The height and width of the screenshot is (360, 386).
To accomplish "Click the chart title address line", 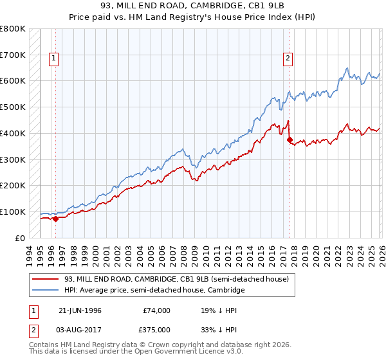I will point(192,6).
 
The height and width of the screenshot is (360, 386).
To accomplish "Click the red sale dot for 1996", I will point(55,219).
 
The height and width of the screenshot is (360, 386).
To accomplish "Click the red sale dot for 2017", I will point(289,139).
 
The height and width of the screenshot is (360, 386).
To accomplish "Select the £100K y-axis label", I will point(13,212).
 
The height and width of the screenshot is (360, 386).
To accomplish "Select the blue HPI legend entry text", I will point(154,291).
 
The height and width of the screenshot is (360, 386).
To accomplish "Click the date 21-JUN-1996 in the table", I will point(80,310).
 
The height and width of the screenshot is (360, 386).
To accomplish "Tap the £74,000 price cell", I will point(156,310).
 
